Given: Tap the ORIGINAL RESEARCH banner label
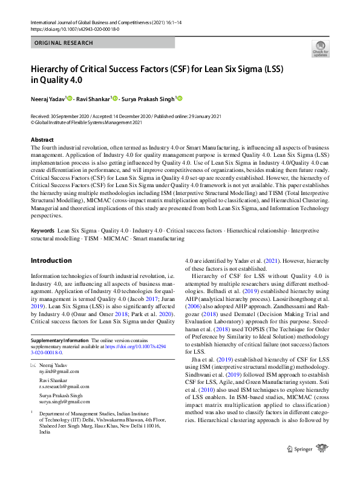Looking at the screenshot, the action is click(64, 43).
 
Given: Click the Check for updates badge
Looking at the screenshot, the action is click(320, 48).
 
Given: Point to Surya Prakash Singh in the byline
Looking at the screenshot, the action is click(148, 99).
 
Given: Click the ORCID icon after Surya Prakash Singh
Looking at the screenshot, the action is click(180, 98).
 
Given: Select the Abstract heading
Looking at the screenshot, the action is click(42, 140).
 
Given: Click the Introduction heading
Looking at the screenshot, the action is click(51, 260).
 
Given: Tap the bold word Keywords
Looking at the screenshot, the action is click(42, 231).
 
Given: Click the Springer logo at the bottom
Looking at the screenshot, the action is click(309, 465).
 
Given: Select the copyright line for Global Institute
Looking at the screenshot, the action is click(86, 122).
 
